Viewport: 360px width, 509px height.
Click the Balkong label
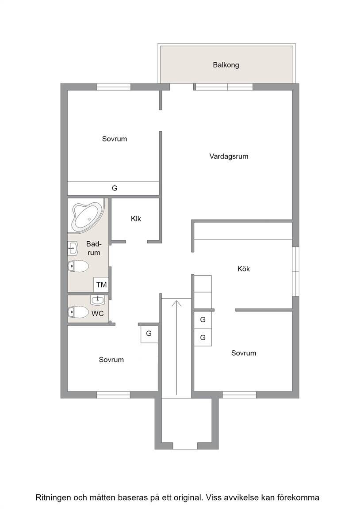point(226,65)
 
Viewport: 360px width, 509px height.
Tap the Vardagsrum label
point(229,156)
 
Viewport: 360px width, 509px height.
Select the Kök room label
point(244,269)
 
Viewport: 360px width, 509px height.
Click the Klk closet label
point(136,219)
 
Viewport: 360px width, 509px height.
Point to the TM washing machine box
point(101,285)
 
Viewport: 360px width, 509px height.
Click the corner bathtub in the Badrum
point(87,216)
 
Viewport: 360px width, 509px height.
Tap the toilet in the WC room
point(78,312)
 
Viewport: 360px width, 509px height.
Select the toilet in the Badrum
point(78,266)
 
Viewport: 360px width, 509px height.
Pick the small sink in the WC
point(97,300)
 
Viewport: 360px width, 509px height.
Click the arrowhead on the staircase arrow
point(176,303)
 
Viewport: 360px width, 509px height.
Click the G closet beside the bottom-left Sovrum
point(149,334)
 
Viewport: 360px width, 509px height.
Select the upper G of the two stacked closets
point(203,320)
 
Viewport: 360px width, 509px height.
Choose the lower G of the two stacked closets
point(203,338)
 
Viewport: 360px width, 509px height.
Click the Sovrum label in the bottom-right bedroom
point(244,353)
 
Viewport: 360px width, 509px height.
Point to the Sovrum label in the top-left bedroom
point(115,139)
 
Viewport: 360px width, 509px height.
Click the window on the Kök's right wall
point(295,271)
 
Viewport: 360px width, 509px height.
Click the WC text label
point(97,314)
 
